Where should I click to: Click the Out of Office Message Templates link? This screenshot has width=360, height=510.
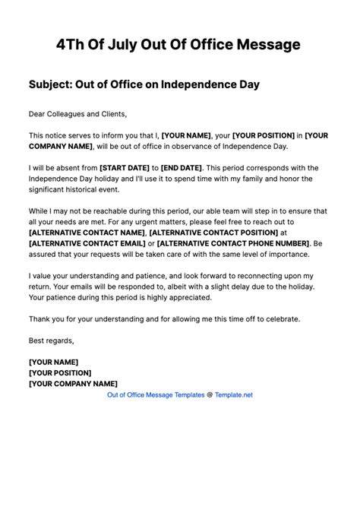click(156, 395)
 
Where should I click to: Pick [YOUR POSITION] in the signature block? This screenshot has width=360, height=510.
click(60, 372)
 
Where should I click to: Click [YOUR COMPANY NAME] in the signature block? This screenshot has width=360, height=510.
click(73, 384)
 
